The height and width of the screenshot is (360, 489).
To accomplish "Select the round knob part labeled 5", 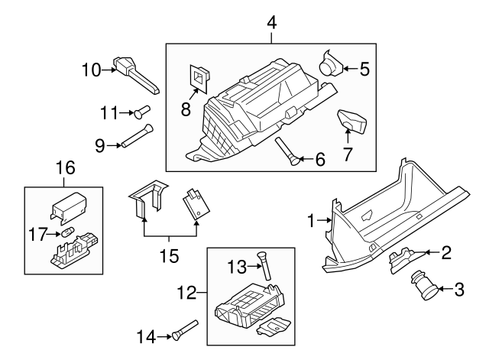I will click(x=331, y=63).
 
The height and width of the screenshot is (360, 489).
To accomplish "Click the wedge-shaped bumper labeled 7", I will click(x=352, y=121).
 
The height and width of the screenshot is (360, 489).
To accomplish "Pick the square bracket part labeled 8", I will click(x=199, y=76).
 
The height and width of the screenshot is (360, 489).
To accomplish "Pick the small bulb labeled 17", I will click(x=66, y=232).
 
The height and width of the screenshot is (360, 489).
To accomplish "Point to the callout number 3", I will click(x=459, y=290).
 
